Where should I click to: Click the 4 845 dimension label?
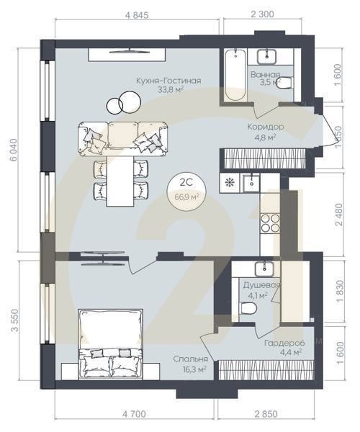(x=137, y=15)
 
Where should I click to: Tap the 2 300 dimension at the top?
(x=262, y=14)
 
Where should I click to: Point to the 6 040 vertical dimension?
(x=13, y=150)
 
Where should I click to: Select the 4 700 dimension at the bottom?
(x=134, y=414)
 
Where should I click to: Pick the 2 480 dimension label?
(x=339, y=215)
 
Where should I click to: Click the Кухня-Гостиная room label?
(x=168, y=81)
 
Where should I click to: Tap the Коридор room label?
(x=266, y=127)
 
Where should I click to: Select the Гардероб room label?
(x=284, y=343)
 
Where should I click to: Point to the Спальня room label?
(x=190, y=359)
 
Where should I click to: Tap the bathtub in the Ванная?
(x=235, y=75)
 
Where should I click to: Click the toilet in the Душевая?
(x=248, y=308)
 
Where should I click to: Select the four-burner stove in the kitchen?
(x=270, y=223)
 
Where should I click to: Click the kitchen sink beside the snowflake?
(x=251, y=183)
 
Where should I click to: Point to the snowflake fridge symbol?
(x=229, y=183)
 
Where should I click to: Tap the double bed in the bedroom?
(x=110, y=344)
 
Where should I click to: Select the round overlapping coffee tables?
(x=124, y=103)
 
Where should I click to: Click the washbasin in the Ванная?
(x=266, y=56)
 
